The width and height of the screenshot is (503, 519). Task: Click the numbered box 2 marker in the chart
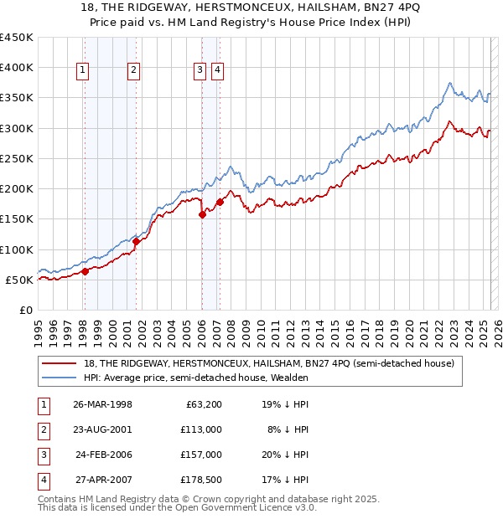[x=133, y=71]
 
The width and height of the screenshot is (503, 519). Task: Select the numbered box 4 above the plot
[x=217, y=71]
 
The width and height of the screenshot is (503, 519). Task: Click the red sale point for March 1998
[x=85, y=271]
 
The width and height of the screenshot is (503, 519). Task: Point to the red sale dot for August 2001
[x=136, y=241]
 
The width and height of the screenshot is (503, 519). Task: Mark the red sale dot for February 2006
[x=202, y=214]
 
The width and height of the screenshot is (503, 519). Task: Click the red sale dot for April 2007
[x=220, y=202]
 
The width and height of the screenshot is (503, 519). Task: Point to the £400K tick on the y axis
[x=17, y=68]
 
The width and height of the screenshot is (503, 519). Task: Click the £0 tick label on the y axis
[x=26, y=310]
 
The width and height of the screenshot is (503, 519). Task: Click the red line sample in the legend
[x=60, y=363]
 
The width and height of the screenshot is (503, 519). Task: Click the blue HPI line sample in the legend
[x=60, y=378]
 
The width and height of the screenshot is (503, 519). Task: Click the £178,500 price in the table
[x=200, y=480]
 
